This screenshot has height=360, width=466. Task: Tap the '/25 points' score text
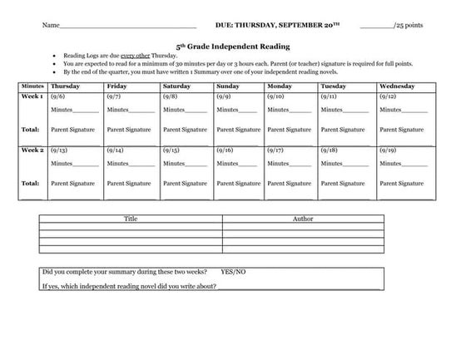coord(409,25)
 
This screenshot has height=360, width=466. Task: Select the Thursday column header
coord(66,85)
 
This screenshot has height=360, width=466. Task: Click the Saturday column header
coord(176,85)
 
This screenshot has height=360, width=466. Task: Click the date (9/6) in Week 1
coord(58,96)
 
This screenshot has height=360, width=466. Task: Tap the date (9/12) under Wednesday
coord(389,96)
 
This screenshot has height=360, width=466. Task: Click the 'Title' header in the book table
coord(131,219)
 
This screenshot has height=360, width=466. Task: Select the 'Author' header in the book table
coord(303,219)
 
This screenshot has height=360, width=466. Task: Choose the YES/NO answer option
coord(234,272)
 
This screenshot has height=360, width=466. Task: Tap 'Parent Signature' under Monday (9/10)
coord(289,129)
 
